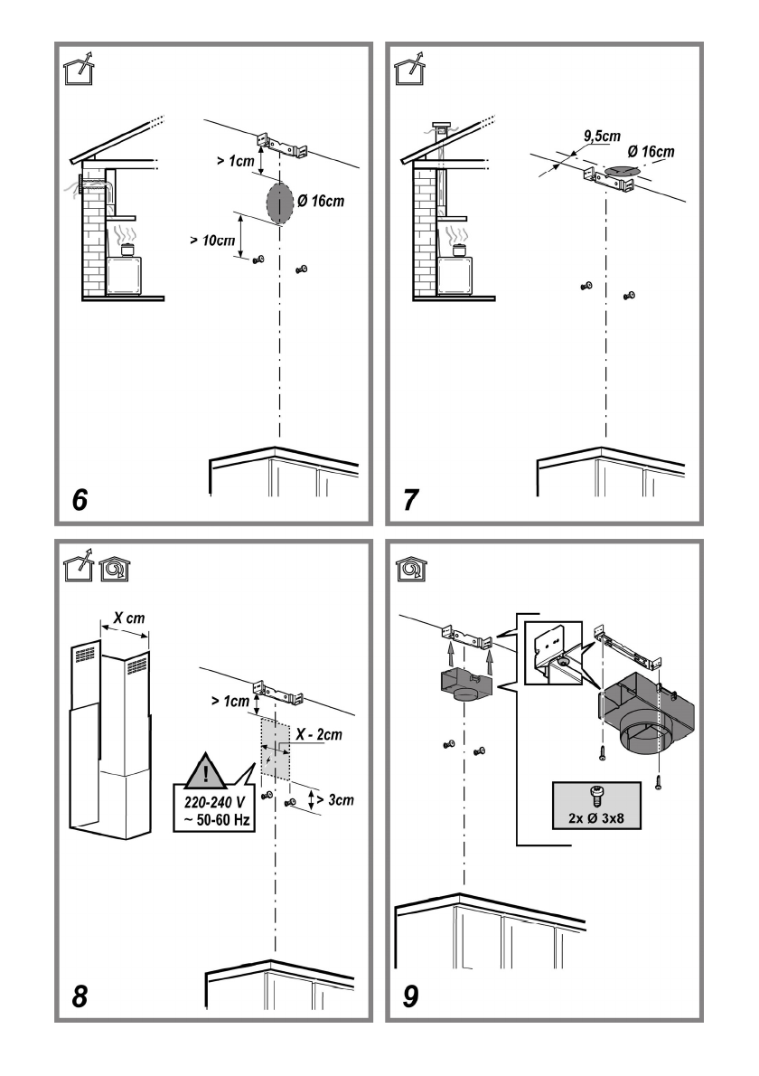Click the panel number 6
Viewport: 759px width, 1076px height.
(x=80, y=500)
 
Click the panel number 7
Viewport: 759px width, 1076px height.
(x=410, y=500)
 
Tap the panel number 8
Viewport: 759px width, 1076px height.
(x=80, y=996)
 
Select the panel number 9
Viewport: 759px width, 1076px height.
(x=410, y=996)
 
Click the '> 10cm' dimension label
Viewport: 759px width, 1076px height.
(x=212, y=241)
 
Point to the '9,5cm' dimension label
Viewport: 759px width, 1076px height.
(x=602, y=136)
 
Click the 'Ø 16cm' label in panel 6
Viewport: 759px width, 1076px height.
(x=321, y=201)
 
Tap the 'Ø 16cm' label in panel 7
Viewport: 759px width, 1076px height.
(x=651, y=152)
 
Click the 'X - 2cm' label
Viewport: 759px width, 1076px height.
(x=319, y=735)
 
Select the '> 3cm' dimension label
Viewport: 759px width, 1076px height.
(x=335, y=800)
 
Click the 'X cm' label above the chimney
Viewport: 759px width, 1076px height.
(x=129, y=618)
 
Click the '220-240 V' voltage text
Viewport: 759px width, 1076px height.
(x=214, y=802)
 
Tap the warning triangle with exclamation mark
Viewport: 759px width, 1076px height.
(x=205, y=770)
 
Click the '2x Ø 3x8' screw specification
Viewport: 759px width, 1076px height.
(x=596, y=818)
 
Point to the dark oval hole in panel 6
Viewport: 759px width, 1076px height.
(x=280, y=202)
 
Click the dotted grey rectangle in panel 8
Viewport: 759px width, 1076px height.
(x=275, y=749)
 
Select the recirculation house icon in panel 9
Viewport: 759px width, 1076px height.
(x=411, y=569)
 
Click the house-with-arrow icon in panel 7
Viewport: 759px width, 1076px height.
(x=409, y=69)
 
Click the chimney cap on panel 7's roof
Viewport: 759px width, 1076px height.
(x=442, y=127)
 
